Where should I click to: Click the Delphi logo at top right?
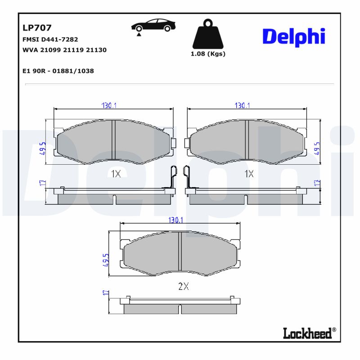(293, 37)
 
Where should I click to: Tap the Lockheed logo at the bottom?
(309, 333)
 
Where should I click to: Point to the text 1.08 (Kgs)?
(207, 54)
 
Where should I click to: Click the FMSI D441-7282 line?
(50, 40)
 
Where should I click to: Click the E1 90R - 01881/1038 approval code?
(58, 71)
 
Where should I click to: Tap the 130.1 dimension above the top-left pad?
(109, 105)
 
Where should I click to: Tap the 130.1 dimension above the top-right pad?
(243, 105)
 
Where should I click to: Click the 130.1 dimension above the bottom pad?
(175, 220)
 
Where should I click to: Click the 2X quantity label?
(183, 286)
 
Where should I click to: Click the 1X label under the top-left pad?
(116, 174)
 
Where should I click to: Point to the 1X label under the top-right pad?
(249, 174)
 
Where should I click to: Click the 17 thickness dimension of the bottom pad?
(106, 293)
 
